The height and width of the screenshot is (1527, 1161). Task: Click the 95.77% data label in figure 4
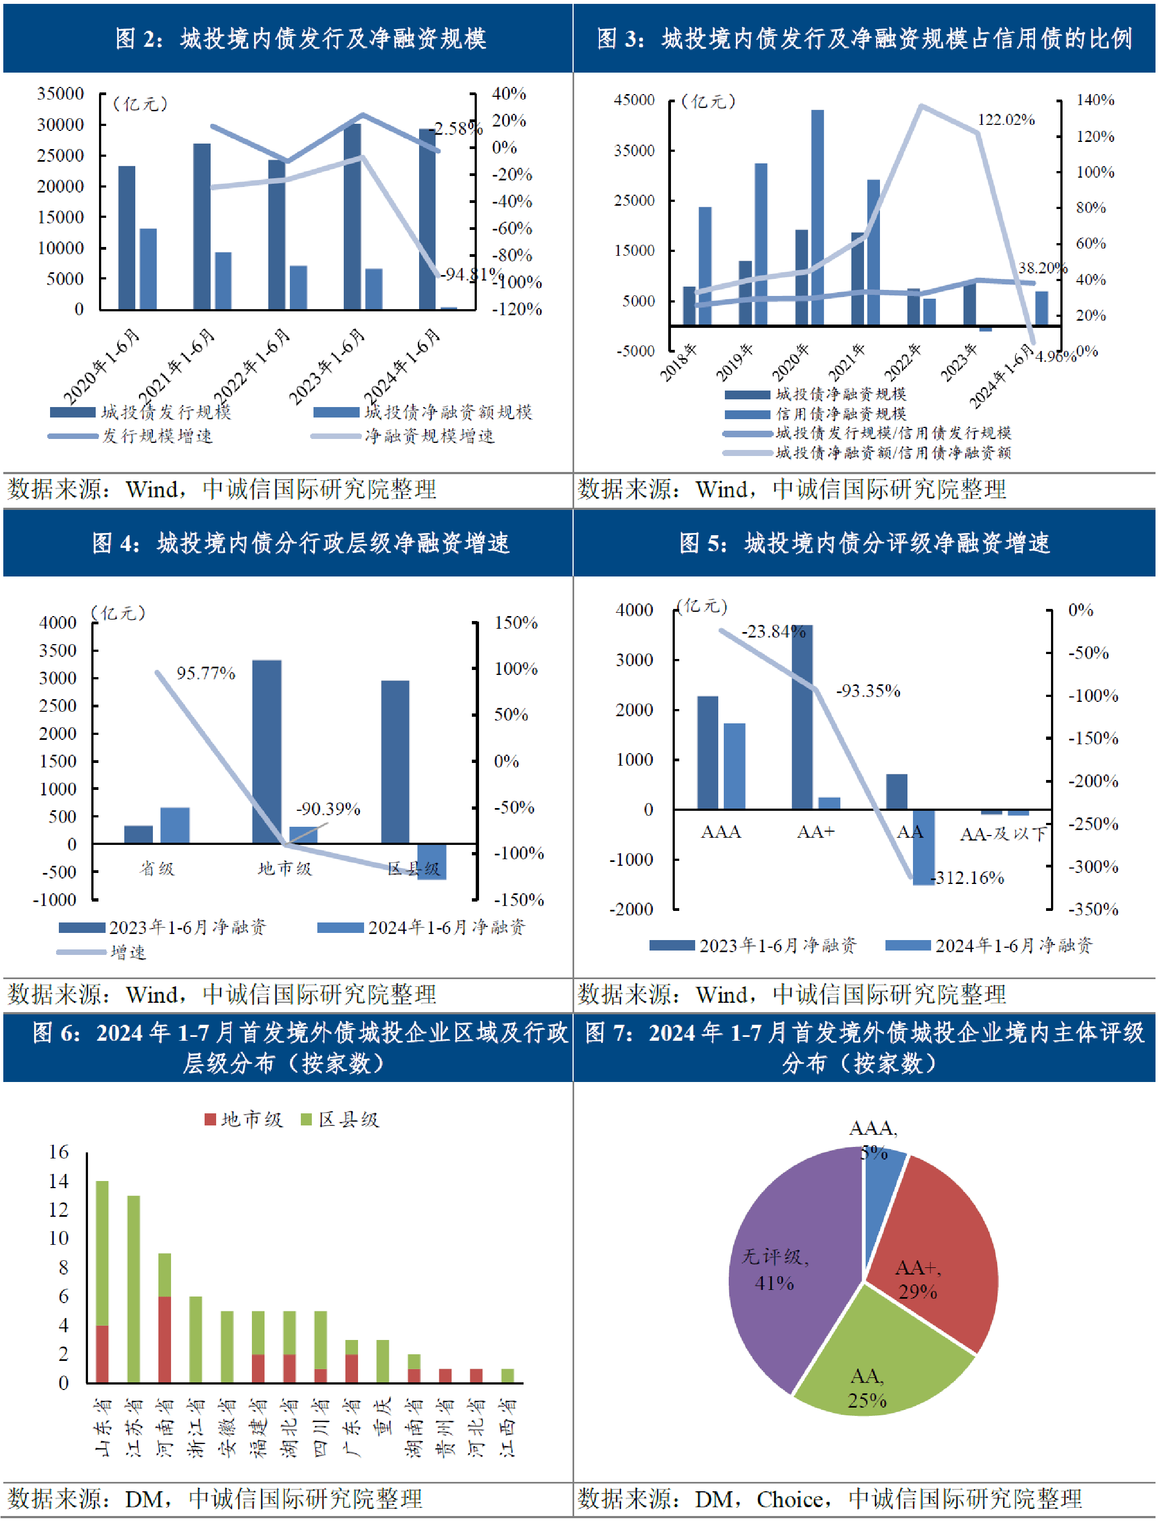[x=206, y=673]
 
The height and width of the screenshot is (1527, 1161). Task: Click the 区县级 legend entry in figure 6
[x=340, y=1120]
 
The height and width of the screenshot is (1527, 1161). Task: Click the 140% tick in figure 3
[x=1096, y=100]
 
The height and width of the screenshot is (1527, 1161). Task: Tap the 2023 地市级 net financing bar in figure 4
[x=267, y=752]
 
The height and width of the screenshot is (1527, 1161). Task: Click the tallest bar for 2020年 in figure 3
[x=817, y=217]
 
